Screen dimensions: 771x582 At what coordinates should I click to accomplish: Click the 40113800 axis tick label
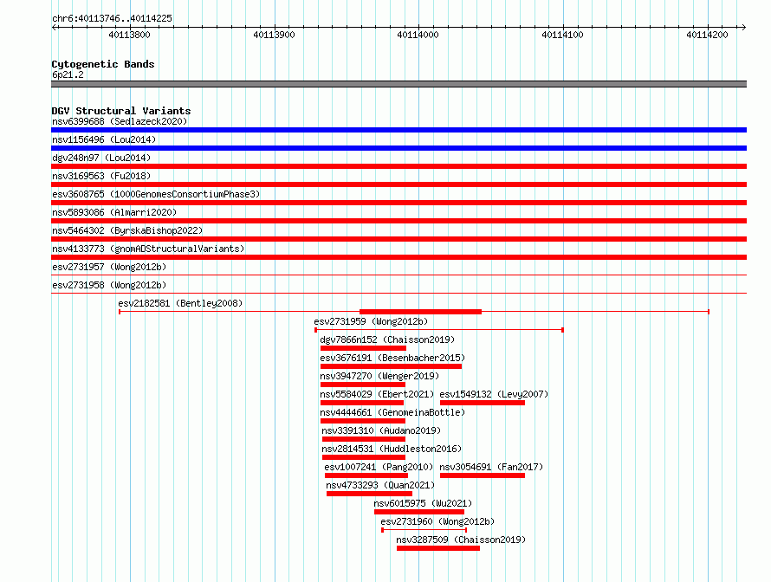point(129,35)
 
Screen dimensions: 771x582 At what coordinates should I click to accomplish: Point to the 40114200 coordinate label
point(707,35)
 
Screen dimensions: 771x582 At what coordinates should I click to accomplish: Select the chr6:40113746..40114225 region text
point(112,19)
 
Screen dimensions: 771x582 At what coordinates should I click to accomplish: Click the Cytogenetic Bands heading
point(103,64)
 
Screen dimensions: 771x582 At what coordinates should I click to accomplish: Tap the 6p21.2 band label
point(68,74)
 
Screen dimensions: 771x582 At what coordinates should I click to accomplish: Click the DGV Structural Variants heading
point(121,111)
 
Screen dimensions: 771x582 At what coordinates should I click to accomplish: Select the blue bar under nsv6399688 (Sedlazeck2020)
point(398,130)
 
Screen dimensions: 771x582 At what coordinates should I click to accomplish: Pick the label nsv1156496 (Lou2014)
point(104,139)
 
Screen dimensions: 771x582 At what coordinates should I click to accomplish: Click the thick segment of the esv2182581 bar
point(420,312)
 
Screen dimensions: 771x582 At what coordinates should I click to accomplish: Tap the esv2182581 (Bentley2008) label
point(180,303)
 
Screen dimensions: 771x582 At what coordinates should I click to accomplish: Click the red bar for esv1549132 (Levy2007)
point(483,403)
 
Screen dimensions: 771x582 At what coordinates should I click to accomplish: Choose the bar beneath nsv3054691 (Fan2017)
point(483,475)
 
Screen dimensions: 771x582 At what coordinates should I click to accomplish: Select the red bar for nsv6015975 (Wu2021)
point(419,512)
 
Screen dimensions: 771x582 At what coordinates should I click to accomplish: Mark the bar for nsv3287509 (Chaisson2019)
point(438,548)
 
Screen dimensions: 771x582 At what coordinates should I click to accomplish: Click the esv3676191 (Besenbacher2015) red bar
point(391,366)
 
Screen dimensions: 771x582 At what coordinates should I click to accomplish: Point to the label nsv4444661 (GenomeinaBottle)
point(392,412)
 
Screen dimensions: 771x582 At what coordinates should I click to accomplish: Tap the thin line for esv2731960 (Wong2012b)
point(424,530)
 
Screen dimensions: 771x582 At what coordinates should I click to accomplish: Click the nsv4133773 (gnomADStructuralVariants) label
point(148,249)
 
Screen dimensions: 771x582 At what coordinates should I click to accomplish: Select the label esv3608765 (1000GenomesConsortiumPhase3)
point(156,194)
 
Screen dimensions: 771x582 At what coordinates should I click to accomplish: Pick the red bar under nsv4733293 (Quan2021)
point(369,494)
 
